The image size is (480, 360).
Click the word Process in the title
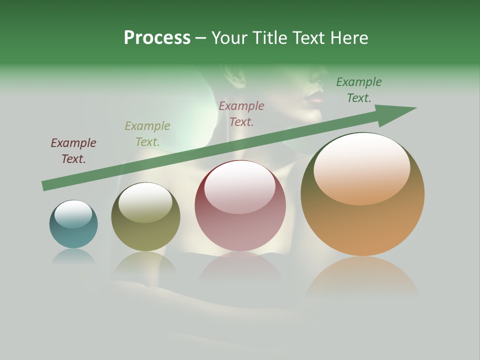[x=157, y=38]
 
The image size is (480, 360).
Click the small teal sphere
[x=73, y=224]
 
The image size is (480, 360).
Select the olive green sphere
[x=145, y=216]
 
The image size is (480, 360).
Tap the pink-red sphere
[x=240, y=205]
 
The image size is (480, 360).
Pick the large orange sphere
[x=362, y=194]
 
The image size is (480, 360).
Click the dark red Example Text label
[x=73, y=151]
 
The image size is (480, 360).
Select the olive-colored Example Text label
[x=147, y=134]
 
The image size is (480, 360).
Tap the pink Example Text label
[x=241, y=113]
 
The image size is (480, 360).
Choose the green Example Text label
[x=359, y=90]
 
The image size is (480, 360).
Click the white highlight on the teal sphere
[x=73, y=214]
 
